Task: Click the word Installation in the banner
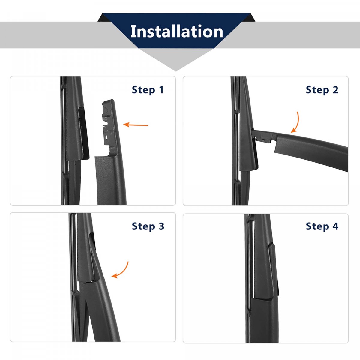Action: pos(177,31)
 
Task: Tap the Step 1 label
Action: pos(148,90)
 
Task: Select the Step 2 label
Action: pos(322,90)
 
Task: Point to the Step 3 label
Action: pos(148,226)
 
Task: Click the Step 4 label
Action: pos(322,226)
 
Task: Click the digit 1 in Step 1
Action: pos(161,90)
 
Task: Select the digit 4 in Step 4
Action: pos(335,226)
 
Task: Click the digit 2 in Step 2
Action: pos(335,90)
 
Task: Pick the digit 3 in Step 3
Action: pos(161,226)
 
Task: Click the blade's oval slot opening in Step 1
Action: pos(83,133)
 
